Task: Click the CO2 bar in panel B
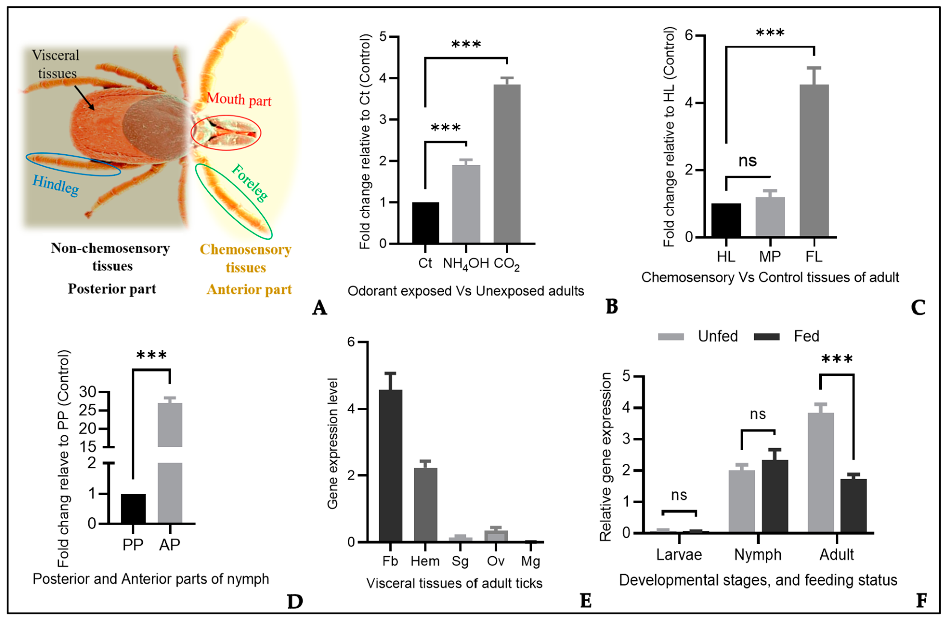point(507,164)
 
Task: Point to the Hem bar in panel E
point(425,505)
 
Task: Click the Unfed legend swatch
point(671,337)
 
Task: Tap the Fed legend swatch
point(766,337)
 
